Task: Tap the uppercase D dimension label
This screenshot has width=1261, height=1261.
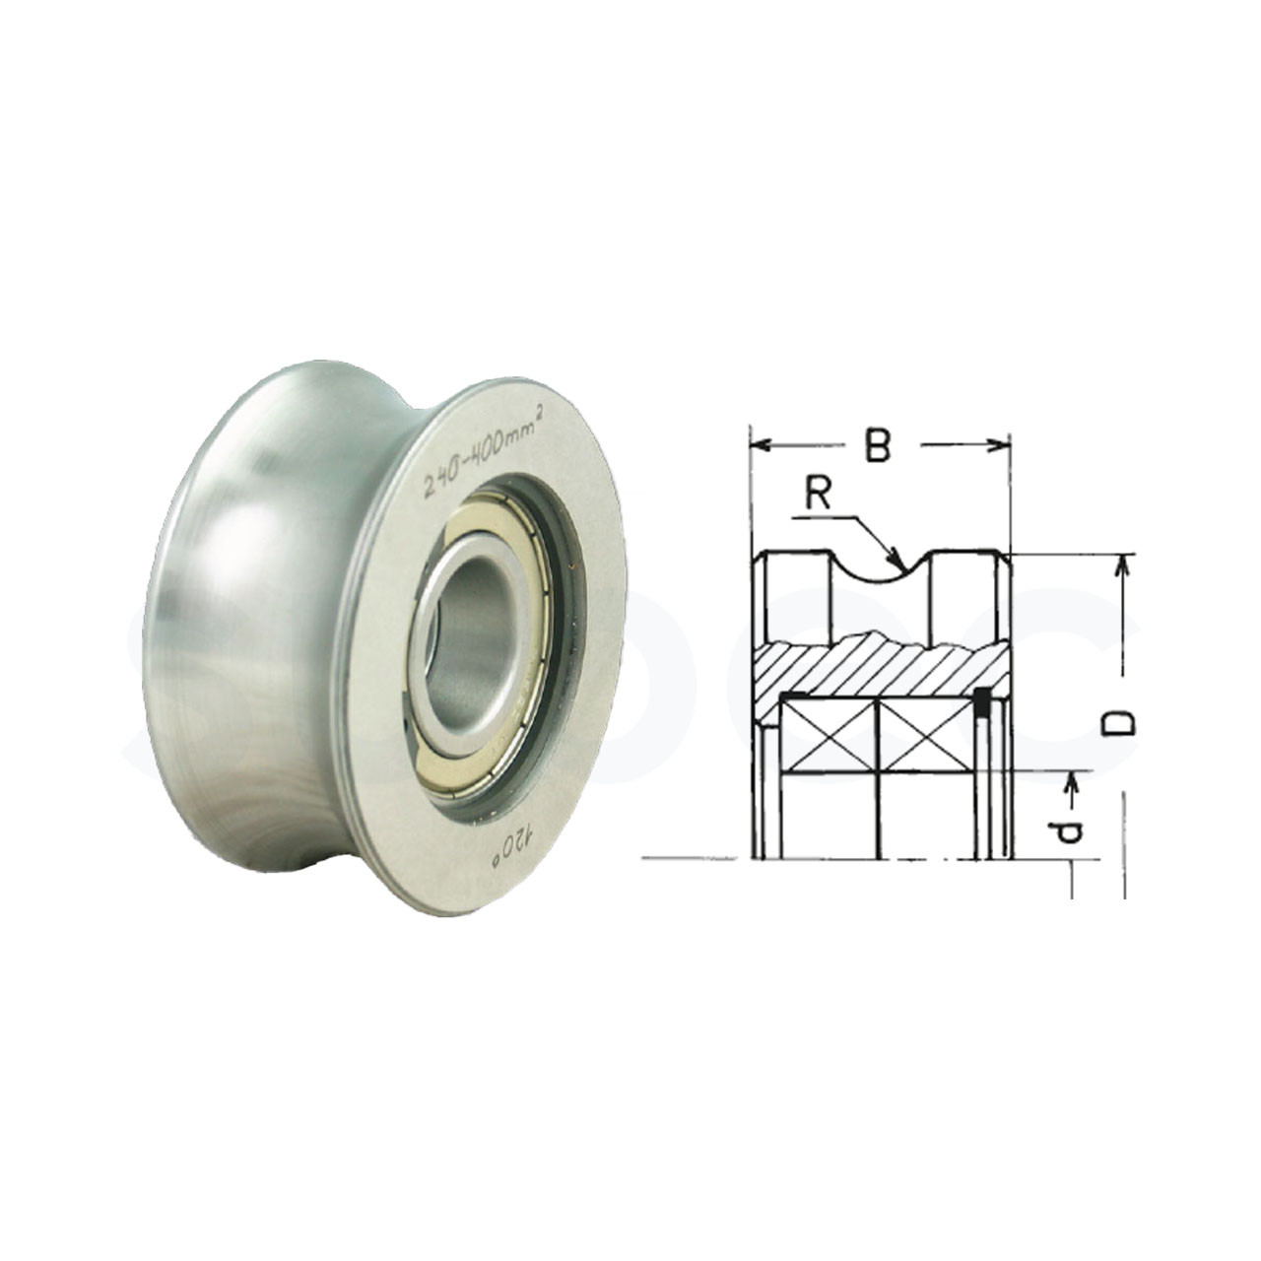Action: (1119, 723)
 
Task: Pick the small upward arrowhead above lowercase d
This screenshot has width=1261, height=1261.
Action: (1073, 781)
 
